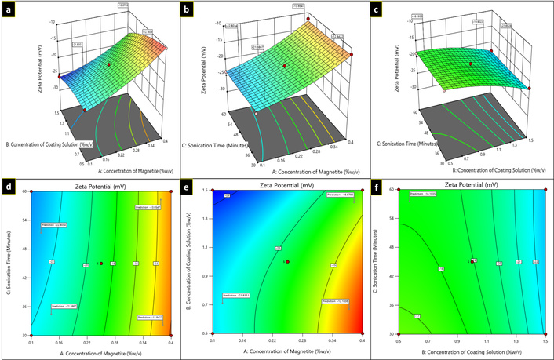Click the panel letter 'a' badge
coord(9,9)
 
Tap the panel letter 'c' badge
coord(378,9)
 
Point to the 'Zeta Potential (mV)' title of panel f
coord(469,185)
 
